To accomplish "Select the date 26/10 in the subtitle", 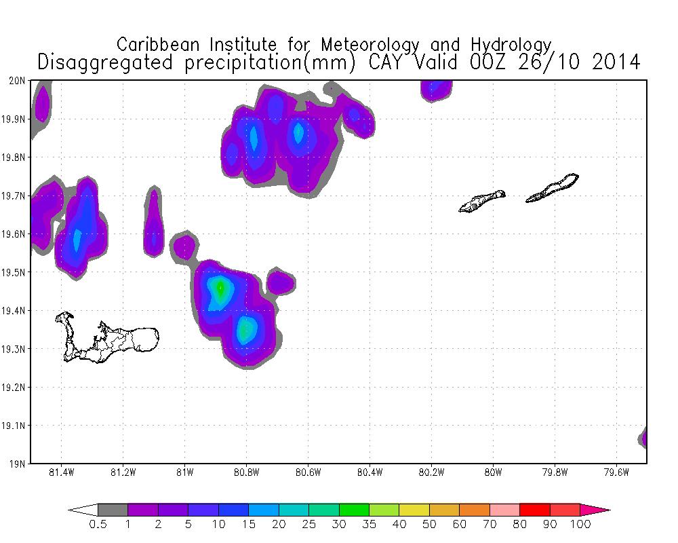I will click(545, 62).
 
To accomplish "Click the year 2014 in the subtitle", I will click(616, 62).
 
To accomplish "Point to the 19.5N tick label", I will click(16, 273).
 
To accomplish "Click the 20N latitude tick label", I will click(18, 81).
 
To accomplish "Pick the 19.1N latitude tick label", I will click(16, 426).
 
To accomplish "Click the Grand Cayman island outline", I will click(108, 338).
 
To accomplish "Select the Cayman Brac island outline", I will click(553, 187).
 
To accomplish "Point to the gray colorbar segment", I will click(113, 510).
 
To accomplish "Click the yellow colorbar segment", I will click(414, 510).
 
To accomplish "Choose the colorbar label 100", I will click(580, 525).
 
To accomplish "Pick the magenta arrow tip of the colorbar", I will click(601, 510).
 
